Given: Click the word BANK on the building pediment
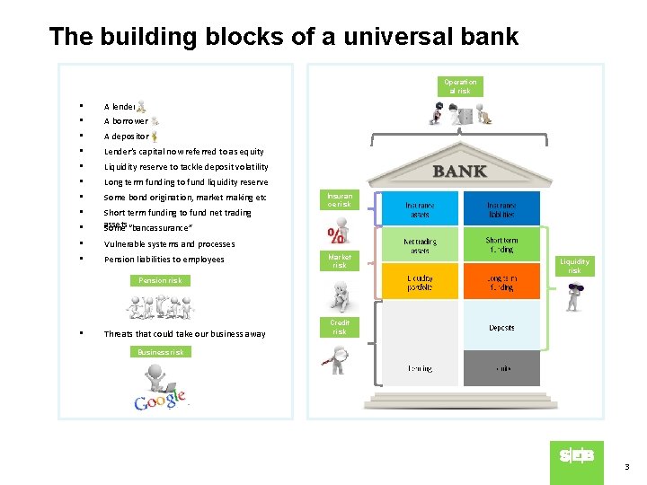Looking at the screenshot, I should click(x=459, y=171).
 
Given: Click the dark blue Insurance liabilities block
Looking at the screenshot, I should click(x=501, y=208).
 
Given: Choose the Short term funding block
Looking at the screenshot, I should click(x=501, y=244).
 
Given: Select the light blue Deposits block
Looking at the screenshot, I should click(x=501, y=327).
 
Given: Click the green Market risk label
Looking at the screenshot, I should click(x=339, y=260).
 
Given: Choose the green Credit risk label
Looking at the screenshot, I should click(x=339, y=327).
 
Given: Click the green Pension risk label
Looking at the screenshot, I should click(x=160, y=280).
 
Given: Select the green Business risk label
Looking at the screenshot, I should click(x=160, y=352).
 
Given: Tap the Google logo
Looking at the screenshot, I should click(x=160, y=400).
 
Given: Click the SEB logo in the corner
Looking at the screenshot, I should click(x=576, y=456).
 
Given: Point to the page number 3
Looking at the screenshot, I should click(x=627, y=467).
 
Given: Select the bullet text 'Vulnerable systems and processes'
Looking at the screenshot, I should click(x=169, y=244).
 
